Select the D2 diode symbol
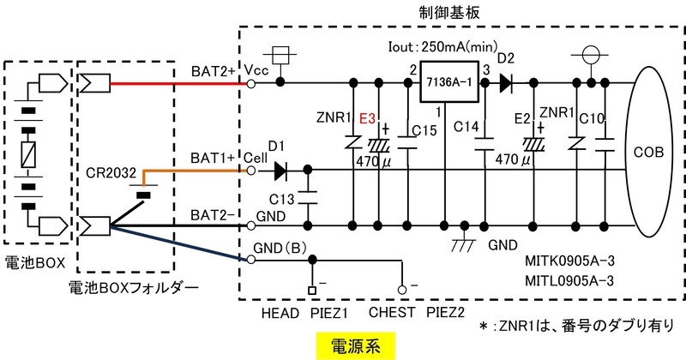(x=506, y=82)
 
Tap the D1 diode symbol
(x=280, y=171)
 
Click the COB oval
(x=649, y=153)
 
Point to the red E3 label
(x=368, y=118)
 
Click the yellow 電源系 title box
(x=355, y=346)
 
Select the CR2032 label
(x=111, y=173)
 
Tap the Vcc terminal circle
(x=251, y=83)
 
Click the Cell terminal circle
(x=251, y=171)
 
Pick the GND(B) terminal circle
(x=251, y=260)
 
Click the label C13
(x=282, y=200)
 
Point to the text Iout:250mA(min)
(x=442, y=47)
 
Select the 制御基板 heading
(x=448, y=12)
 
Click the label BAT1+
(x=213, y=158)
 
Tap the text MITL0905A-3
(x=569, y=280)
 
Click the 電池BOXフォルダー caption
(x=134, y=287)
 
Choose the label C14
(x=466, y=126)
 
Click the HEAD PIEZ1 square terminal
(x=312, y=290)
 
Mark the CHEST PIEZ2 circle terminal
(x=402, y=290)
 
